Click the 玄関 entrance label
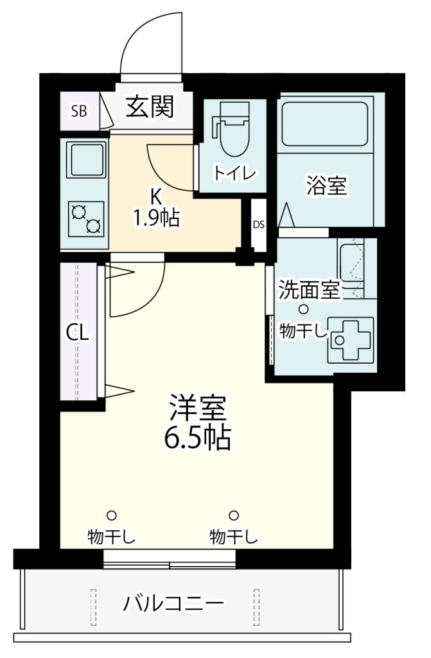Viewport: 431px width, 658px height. point(149,107)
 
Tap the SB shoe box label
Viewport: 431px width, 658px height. point(78,111)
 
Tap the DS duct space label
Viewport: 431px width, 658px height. point(258,225)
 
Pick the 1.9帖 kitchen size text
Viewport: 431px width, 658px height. point(156,219)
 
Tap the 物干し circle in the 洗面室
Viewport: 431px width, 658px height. point(304,310)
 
